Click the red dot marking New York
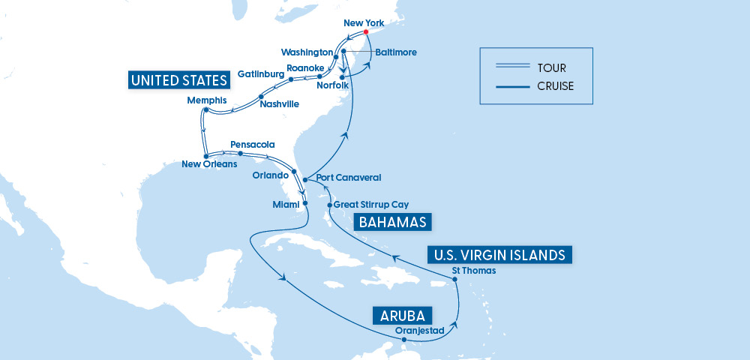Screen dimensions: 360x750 365,32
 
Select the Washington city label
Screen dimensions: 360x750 307,52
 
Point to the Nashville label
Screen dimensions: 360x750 279,104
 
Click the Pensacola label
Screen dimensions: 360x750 253,144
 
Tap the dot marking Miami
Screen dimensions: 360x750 304,203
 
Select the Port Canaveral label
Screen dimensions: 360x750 349,178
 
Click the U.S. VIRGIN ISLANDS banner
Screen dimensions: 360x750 500,255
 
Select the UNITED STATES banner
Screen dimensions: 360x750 178,80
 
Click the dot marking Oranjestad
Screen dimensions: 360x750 404,340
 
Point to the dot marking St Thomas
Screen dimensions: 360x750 455,280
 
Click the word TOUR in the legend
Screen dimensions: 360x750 551,68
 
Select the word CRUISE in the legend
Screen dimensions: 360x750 556,86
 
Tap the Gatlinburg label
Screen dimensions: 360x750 261,75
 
